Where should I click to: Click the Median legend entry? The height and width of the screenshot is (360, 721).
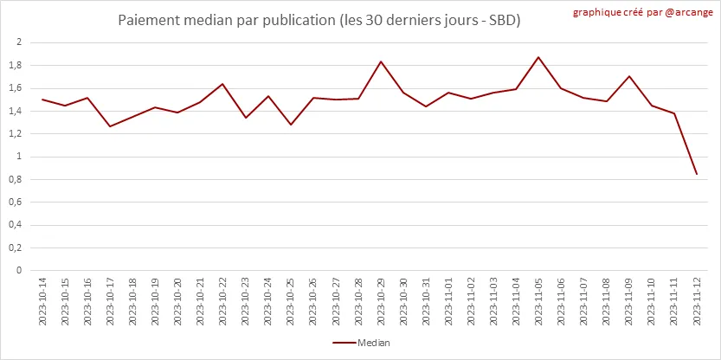tap(361, 343)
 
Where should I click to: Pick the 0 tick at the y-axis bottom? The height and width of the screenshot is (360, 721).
tap(19, 270)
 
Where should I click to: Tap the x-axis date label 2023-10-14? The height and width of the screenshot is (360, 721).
tap(42, 301)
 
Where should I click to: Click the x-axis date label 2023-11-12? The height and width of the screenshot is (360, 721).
tap(697, 301)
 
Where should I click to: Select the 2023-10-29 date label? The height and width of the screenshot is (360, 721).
tap(380, 301)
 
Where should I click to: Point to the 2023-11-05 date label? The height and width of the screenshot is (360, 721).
tap(538, 301)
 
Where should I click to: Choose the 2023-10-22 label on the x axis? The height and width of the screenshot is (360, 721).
tap(222, 301)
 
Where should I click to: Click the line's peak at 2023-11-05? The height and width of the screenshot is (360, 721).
tap(538, 57)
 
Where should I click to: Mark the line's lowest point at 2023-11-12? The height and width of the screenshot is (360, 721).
tap(697, 174)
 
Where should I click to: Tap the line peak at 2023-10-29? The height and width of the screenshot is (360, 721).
tap(380, 61)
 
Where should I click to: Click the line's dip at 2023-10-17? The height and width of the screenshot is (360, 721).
tap(110, 126)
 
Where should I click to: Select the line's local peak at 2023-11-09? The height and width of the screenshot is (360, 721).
tap(628, 76)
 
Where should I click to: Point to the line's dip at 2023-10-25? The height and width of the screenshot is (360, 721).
tap(290, 125)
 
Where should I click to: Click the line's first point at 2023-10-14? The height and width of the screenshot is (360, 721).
tap(42, 100)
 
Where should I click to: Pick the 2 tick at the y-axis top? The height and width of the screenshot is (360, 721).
tap(19, 42)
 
